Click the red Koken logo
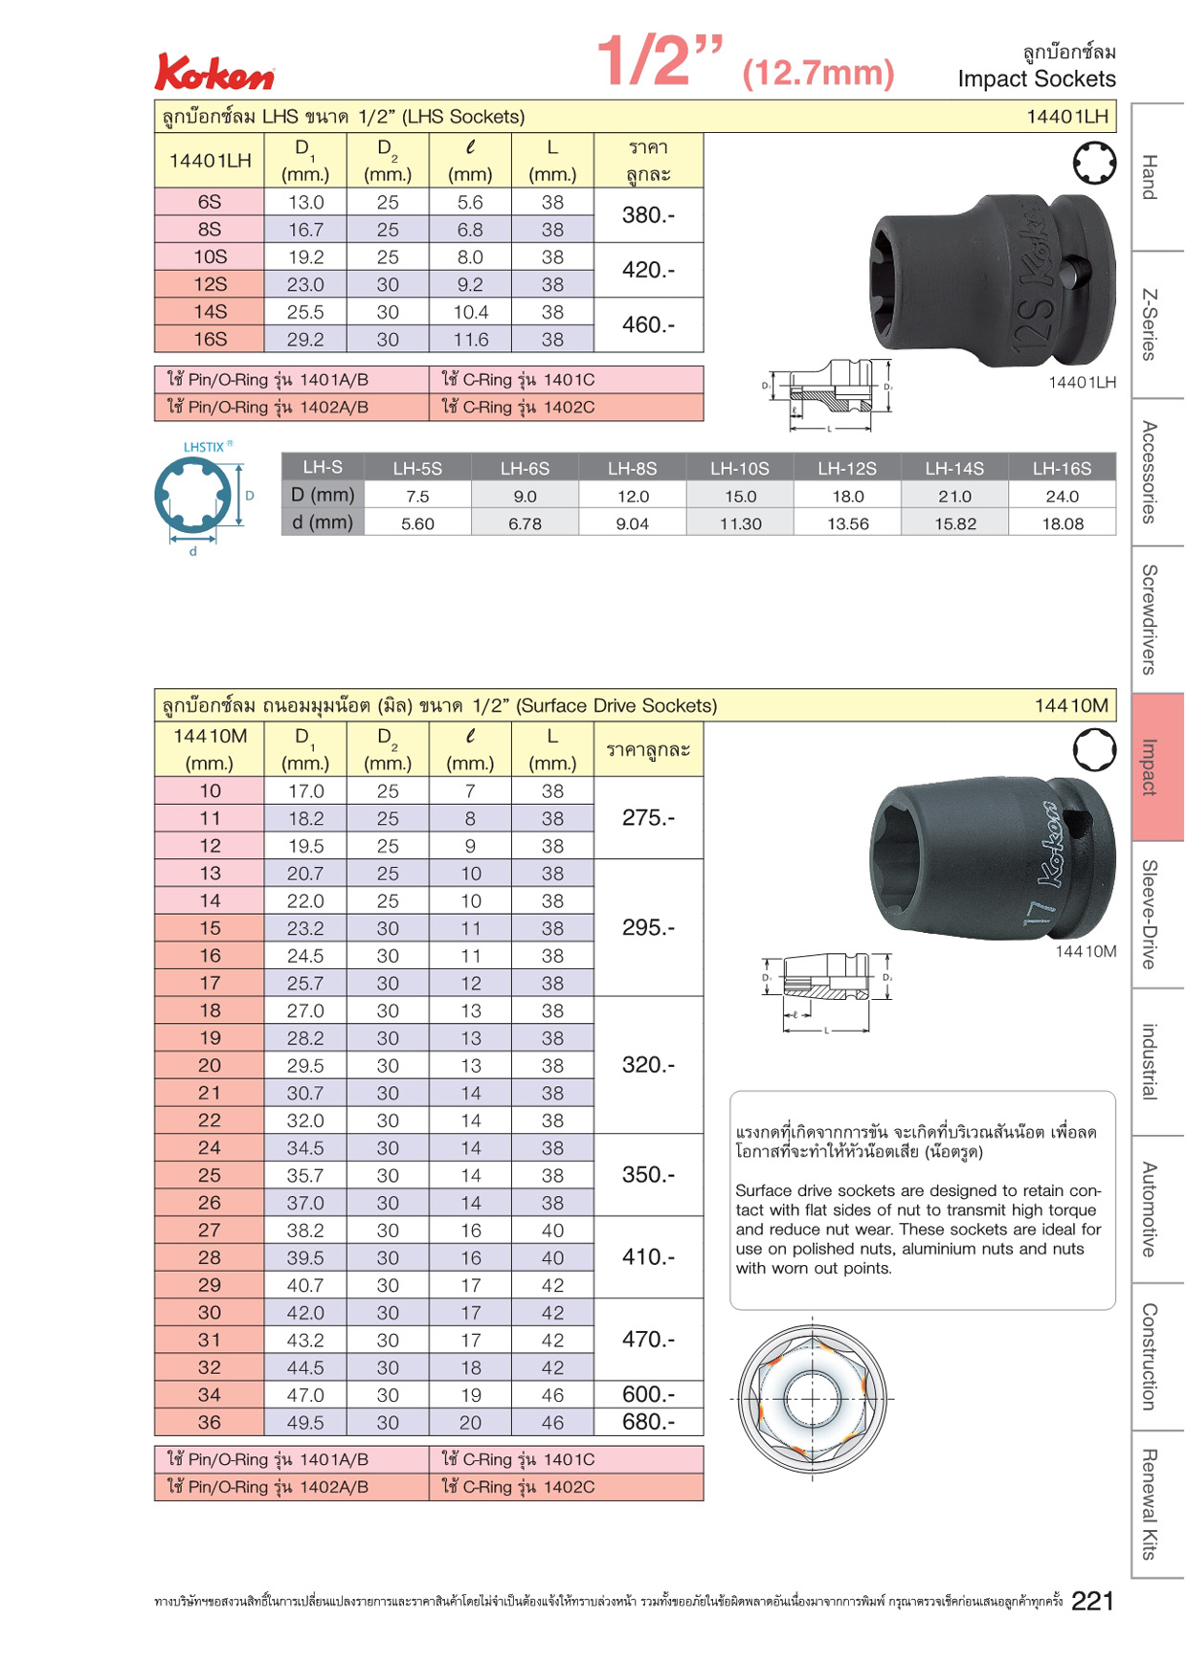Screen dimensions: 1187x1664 tap(214, 72)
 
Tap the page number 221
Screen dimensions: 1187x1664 tap(1092, 1601)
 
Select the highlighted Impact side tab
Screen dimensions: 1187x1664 tap(1157, 767)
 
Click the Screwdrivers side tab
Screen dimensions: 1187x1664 tap(1157, 620)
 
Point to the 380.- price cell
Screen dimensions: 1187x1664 tap(648, 215)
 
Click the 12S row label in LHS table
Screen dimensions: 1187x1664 tap(210, 284)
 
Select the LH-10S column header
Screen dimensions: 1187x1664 tap(740, 468)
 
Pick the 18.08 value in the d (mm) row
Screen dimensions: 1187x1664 tap(1063, 523)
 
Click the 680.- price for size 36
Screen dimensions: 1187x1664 tap(648, 1422)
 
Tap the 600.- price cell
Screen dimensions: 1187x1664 tap(648, 1394)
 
